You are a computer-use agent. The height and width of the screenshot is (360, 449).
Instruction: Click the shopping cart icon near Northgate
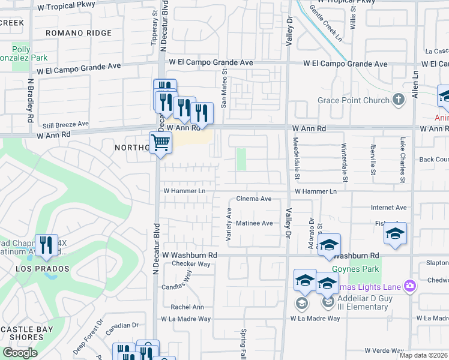[x=160, y=143]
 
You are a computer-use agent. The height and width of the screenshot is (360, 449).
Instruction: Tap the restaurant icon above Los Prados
[x=46, y=244]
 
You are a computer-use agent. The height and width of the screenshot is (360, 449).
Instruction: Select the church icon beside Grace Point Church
[x=397, y=100]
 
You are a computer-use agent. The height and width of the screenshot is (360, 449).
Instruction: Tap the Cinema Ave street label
[x=254, y=199]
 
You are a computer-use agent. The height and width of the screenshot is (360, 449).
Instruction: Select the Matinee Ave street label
[x=254, y=223]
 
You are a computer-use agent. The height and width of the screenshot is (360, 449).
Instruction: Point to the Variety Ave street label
[x=229, y=225]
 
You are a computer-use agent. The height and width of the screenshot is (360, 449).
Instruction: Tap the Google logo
[x=20, y=353]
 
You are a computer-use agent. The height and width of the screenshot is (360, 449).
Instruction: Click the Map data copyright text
[x=423, y=355]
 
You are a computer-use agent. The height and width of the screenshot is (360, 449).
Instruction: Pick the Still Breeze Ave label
[x=65, y=124]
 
